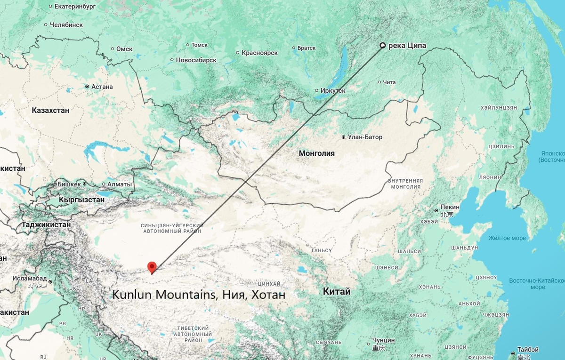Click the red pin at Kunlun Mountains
pos(152,267)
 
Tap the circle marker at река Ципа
pos(383,46)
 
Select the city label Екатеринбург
pos(75,7)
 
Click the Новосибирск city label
pos(196,60)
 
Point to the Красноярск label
pos(259,53)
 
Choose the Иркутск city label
pos(333,90)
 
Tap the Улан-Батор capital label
pos(365,137)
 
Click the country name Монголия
pos(316,153)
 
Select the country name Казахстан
pos(50,111)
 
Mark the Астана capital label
pos(102,87)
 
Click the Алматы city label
pos(120,184)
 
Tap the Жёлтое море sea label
pos(507,238)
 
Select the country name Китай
pos(337,292)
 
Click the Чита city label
pos(389,82)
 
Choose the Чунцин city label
pos(383,340)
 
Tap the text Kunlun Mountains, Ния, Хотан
pos(198,295)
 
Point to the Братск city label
pos(307,48)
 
